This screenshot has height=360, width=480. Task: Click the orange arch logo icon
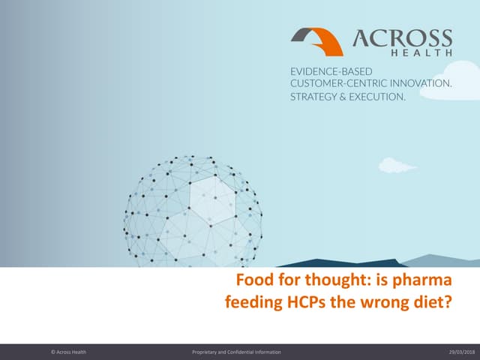pyautogui.click(x=317, y=41)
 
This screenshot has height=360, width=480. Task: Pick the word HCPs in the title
pyautogui.click(x=307, y=304)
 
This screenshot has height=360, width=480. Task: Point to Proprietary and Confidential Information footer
pyautogui.click(x=236, y=352)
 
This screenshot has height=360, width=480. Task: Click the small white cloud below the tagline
pyautogui.click(x=397, y=165)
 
